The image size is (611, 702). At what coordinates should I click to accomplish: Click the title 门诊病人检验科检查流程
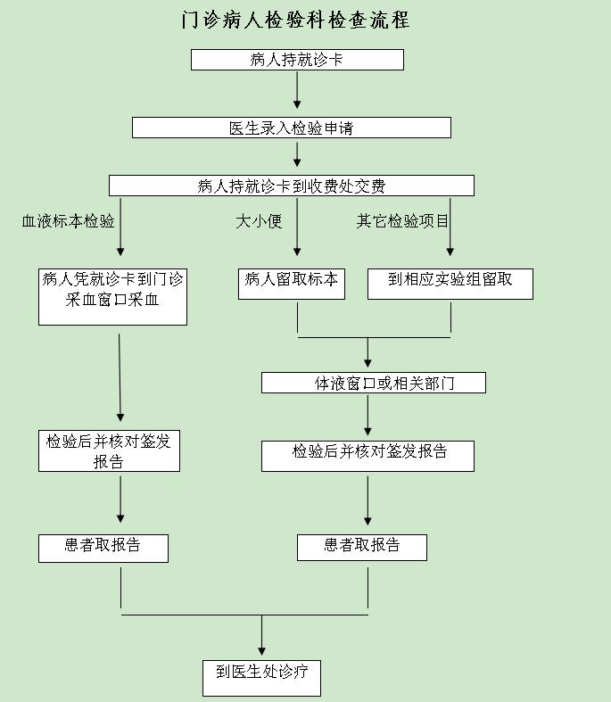295,20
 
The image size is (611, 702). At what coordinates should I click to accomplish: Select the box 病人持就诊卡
297,60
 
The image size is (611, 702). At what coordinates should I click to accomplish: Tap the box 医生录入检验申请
292,128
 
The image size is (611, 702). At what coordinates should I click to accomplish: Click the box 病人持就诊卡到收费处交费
292,186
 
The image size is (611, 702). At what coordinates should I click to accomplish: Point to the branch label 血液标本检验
68,220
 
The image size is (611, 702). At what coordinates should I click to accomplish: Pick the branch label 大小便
259,220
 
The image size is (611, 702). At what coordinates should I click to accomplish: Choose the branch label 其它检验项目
402,220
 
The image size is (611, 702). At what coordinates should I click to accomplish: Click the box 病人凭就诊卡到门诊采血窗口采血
112,297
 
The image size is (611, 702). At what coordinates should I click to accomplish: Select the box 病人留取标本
292,284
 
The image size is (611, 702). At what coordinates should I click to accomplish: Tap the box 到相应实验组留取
450,284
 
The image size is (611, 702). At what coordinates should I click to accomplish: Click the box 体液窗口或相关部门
374,383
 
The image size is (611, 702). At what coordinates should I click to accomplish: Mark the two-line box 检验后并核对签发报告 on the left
109,450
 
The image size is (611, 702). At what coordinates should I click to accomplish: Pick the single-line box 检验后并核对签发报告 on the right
368,456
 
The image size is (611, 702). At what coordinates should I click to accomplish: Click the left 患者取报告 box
103,549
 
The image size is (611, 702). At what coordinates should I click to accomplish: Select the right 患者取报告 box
362,548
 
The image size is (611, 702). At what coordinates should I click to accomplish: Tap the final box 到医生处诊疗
262,678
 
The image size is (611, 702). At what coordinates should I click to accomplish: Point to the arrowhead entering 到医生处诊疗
262,651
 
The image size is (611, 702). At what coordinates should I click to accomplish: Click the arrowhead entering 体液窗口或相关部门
367,363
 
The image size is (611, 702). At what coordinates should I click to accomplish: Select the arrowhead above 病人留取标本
297,252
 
